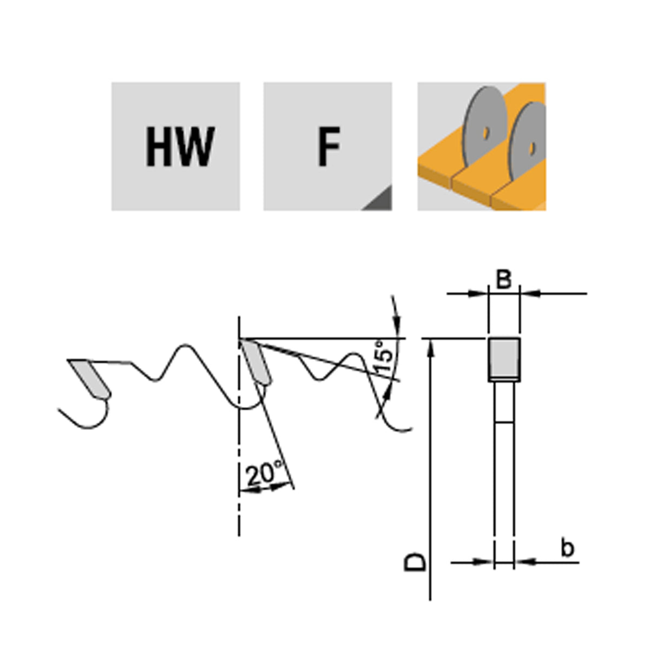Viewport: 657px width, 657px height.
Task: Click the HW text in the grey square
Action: [x=180, y=146]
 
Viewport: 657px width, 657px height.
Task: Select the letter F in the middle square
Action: [x=328, y=146]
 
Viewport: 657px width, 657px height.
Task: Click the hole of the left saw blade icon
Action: [x=487, y=133]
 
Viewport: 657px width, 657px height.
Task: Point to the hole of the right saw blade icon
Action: [x=531, y=149]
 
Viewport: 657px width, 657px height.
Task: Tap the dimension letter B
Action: [x=504, y=280]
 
